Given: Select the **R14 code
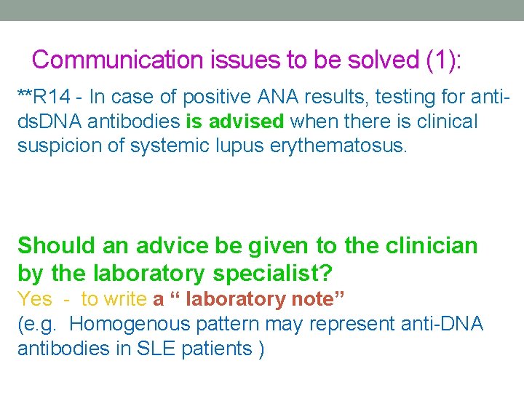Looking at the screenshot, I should tap(43, 96).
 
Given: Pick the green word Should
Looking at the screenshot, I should tap(56, 245).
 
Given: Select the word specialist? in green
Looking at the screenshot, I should tap(273, 274).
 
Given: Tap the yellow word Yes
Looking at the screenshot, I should tap(34, 299).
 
